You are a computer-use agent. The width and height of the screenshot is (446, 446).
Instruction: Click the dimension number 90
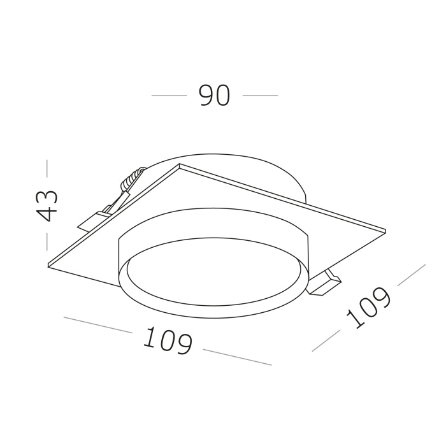[214, 96]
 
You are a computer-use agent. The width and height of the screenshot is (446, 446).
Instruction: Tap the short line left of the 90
[169, 96]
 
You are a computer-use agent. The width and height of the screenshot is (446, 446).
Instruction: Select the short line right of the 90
[260, 96]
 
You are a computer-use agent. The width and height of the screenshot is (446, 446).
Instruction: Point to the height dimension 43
[48, 205]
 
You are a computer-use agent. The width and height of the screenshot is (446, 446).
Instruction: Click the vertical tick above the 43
[47, 168]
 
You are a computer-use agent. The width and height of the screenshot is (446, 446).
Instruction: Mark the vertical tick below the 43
[47, 241]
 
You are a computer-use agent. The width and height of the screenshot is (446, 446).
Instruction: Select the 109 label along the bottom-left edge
[168, 340]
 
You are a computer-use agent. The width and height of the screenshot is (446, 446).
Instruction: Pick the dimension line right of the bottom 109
[237, 357]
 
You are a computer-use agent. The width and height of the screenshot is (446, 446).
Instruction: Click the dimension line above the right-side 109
[411, 275]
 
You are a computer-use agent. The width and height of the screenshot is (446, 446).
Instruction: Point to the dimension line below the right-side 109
[326, 342]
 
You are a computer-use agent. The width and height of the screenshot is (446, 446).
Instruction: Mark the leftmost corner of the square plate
[49, 265]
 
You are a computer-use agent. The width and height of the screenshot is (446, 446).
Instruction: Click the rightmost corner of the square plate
[385, 230]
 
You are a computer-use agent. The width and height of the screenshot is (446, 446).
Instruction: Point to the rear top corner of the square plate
[180, 165]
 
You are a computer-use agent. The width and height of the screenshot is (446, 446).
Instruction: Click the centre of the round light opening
[215, 280]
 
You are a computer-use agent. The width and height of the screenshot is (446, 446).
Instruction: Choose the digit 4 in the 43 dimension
[48, 213]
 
